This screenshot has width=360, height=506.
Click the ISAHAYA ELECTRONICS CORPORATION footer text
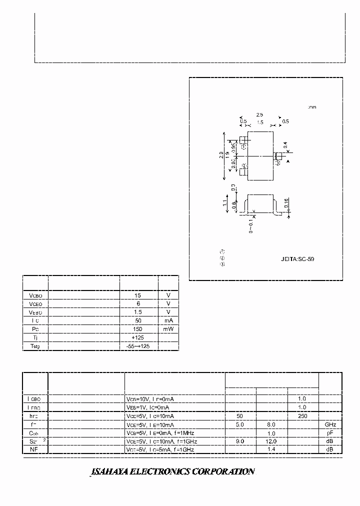click(172, 471)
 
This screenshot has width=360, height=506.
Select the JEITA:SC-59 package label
click(297, 259)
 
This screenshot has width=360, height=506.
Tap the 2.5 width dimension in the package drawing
click(259, 114)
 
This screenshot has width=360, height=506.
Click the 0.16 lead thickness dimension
click(285, 202)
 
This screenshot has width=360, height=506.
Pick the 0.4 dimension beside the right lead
click(285, 145)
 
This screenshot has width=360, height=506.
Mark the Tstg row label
click(35, 346)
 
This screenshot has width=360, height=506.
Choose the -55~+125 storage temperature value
click(138, 346)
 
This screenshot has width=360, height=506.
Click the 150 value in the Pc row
click(138, 329)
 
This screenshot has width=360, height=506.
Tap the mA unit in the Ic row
click(168, 320)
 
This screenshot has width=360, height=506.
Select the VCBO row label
click(35, 295)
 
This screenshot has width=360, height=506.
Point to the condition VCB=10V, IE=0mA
click(150, 399)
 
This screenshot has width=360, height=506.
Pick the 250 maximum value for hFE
click(301, 416)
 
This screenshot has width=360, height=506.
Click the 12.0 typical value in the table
click(271, 441)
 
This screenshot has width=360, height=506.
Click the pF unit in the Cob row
click(330, 433)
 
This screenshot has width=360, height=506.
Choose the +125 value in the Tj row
click(138, 337)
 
